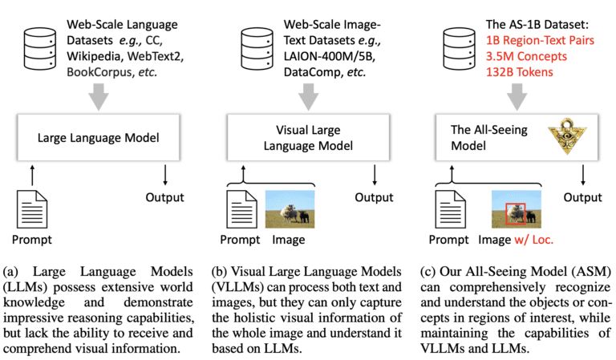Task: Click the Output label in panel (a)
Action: [x=164, y=197]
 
